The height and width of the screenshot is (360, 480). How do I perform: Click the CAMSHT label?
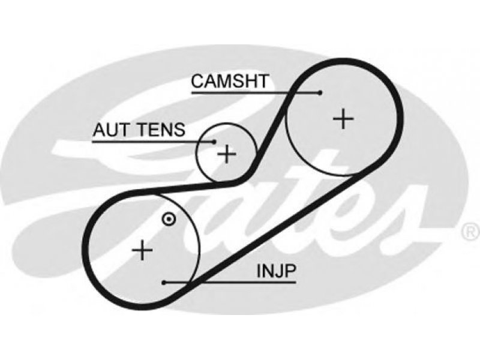(x=230, y=81)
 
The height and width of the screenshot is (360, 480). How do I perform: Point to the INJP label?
(x=277, y=271)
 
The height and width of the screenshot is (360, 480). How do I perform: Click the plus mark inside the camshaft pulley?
(x=343, y=118)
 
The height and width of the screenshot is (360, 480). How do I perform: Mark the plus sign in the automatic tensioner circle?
(x=227, y=154)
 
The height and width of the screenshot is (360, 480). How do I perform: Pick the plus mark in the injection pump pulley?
(x=142, y=250)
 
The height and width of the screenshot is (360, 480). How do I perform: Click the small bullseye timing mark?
(x=169, y=219)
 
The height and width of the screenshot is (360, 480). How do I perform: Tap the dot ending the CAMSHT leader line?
(x=320, y=92)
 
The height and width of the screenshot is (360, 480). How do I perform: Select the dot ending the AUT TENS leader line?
(x=214, y=142)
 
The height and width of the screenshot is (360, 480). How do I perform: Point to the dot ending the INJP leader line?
(x=164, y=283)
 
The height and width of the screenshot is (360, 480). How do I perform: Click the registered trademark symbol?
(x=471, y=231)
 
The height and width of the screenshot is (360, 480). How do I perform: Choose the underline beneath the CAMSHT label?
(x=256, y=92)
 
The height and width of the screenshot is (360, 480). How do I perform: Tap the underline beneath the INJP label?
(x=230, y=283)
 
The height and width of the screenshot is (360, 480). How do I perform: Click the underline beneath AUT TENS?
(x=154, y=142)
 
